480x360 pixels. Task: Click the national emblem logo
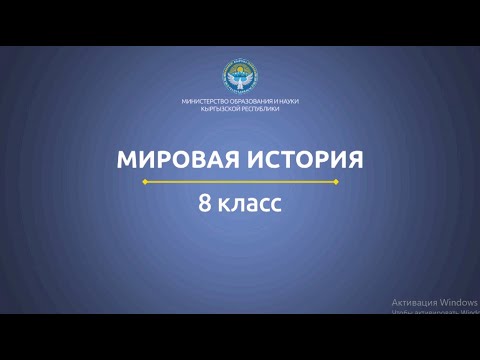(x=240, y=77)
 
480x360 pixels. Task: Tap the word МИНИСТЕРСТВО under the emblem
(x=205, y=102)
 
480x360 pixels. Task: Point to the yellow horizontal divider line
(x=240, y=183)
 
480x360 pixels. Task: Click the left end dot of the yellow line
(x=146, y=183)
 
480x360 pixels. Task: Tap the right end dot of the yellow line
(x=335, y=183)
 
